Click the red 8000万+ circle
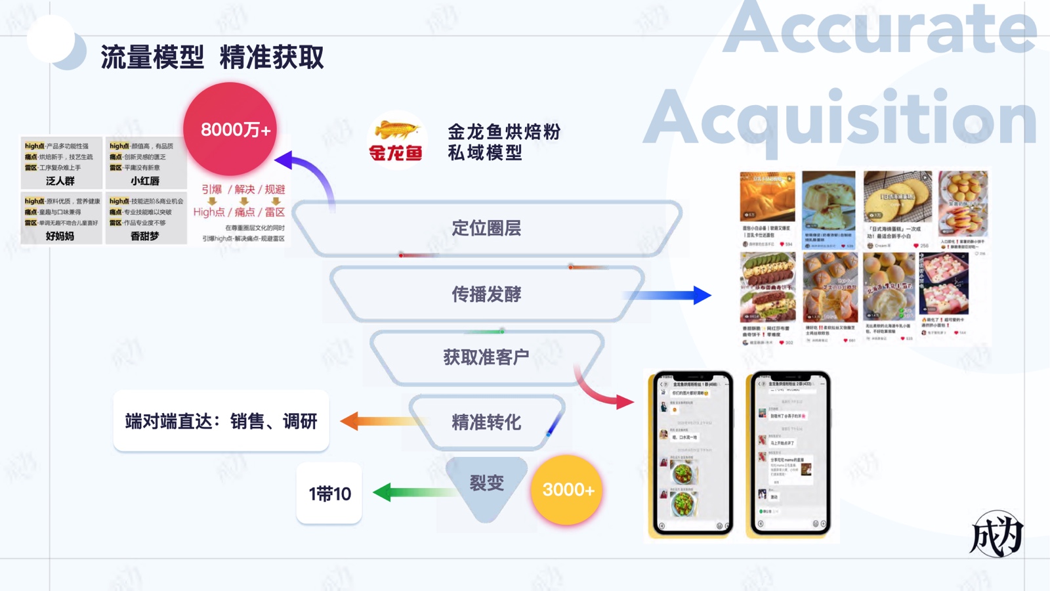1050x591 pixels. pyautogui.click(x=230, y=129)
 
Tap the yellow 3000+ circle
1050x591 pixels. pyautogui.click(x=567, y=490)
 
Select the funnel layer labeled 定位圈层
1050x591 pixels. pyautogui.click(x=486, y=229)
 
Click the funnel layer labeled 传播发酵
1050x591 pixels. pyautogui.click(x=486, y=294)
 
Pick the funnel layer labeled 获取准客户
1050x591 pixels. pyautogui.click(x=486, y=357)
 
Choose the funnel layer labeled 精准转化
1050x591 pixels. pyautogui.click(x=486, y=422)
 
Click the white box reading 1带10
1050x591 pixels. pyautogui.click(x=329, y=494)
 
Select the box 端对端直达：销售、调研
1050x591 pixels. pyautogui.click(x=221, y=421)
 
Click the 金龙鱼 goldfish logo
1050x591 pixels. pyautogui.click(x=396, y=140)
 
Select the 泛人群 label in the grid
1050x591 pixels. pyautogui.click(x=60, y=181)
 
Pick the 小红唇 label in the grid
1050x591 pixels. pyautogui.click(x=145, y=181)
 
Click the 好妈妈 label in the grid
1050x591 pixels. pyautogui.click(x=60, y=236)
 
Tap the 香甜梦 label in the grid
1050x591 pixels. pyautogui.click(x=145, y=236)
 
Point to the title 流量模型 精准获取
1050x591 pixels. pyautogui.click(x=212, y=57)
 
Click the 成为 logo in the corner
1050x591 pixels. pyautogui.click(x=997, y=534)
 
